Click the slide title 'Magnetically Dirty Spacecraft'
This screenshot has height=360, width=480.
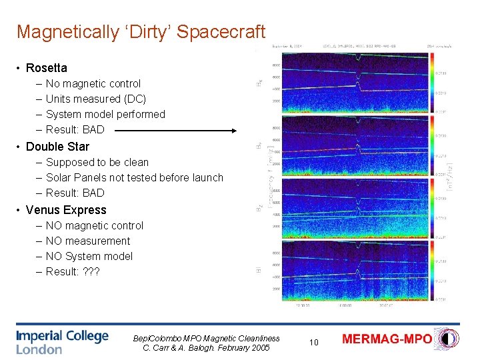tap(141, 31)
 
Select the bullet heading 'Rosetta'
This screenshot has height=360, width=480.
tap(46, 68)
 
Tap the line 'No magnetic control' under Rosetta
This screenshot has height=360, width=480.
tap(93, 84)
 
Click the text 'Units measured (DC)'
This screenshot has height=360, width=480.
tap(95, 99)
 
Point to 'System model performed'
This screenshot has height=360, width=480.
tap(105, 115)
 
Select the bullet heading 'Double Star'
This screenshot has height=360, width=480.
tap(57, 147)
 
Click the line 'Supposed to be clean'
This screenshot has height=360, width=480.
tap(97, 163)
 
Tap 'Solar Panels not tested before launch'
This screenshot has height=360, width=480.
tap(134, 178)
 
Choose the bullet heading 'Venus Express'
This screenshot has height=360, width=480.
tap(65, 210)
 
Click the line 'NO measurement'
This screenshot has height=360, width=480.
tap(88, 241)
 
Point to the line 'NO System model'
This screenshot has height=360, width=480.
tap(89, 257)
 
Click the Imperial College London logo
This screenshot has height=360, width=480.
tap(62, 341)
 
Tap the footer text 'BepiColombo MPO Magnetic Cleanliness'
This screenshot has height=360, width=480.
tap(206, 338)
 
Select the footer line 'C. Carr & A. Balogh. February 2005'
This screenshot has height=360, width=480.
tap(206, 347)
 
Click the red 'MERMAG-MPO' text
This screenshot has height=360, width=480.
tap(387, 339)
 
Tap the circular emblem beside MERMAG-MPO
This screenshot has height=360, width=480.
tap(446, 338)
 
